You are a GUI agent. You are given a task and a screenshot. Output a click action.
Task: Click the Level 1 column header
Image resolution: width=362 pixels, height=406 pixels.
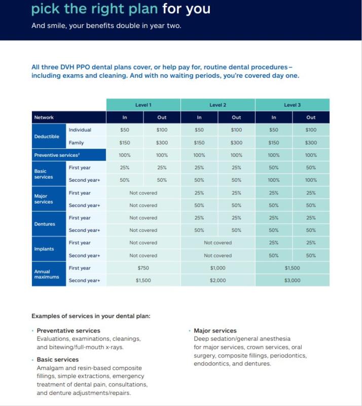click(143, 105)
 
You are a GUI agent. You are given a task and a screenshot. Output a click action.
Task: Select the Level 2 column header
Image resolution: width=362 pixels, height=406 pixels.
click(218, 105)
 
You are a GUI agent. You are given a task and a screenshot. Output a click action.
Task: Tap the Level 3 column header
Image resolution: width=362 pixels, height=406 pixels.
click(292, 105)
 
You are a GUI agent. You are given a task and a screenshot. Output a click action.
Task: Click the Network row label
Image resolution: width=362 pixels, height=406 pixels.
click(44, 117)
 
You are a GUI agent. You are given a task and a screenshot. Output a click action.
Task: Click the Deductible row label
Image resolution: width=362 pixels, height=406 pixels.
click(47, 137)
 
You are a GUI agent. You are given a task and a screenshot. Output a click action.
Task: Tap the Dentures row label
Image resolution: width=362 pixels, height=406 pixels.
click(45, 224)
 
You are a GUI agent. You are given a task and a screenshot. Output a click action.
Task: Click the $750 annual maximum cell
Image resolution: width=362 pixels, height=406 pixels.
click(143, 268)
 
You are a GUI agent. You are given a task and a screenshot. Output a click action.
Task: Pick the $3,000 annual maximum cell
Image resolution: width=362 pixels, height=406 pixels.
click(292, 280)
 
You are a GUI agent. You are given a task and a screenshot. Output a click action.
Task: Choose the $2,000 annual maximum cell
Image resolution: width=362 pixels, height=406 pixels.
click(218, 280)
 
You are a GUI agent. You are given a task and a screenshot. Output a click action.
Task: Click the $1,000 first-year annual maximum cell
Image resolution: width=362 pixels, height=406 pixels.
click(218, 268)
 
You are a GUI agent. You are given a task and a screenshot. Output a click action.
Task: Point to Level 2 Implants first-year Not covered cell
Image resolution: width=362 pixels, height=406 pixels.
click(218, 243)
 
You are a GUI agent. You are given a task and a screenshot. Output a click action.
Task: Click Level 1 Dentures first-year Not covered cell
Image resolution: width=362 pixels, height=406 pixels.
click(143, 218)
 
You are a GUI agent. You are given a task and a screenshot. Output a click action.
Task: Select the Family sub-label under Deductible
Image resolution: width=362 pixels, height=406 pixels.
click(77, 143)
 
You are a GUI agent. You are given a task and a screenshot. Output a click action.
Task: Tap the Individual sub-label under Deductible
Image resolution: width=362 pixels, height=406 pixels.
click(80, 130)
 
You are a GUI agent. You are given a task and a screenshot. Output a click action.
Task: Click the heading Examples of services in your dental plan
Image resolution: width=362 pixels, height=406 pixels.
click(91, 316)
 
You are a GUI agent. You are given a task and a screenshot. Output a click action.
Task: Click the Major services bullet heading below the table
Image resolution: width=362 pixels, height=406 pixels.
click(215, 331)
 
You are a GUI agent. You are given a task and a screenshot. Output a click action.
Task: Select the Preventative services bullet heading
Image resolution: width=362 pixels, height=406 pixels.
click(68, 331)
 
